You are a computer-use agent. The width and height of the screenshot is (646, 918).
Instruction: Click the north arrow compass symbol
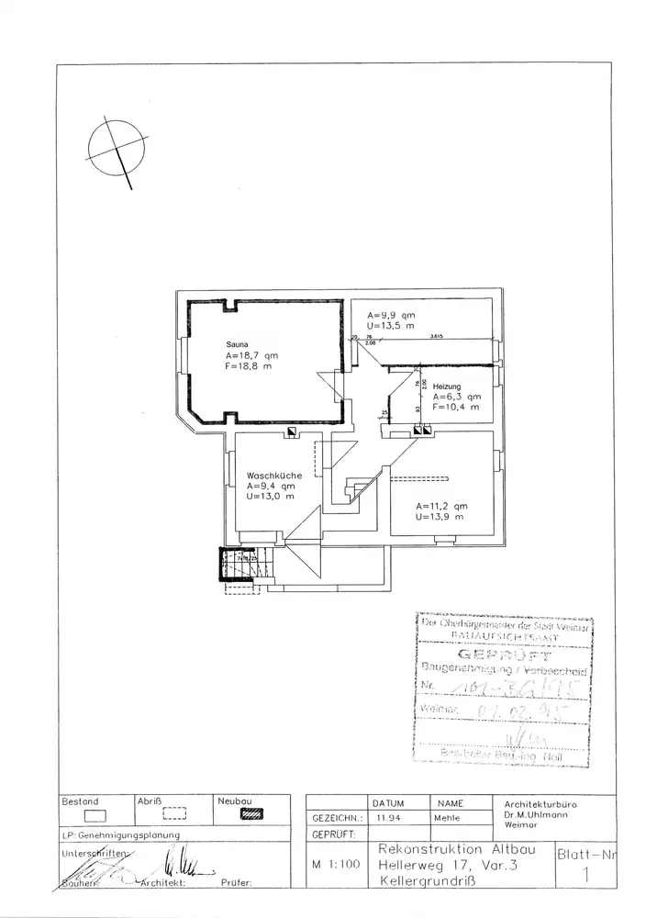(117, 146)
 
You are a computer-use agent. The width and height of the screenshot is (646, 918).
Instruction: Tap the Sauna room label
(237, 344)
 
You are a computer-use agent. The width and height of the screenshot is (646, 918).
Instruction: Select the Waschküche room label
(269, 476)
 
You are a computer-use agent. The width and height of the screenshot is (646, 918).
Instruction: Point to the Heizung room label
(448, 386)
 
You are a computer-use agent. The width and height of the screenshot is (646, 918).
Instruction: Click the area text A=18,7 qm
(252, 355)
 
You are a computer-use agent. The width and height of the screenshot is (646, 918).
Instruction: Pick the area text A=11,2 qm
(441, 506)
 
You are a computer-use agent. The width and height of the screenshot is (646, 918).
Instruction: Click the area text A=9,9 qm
(390, 315)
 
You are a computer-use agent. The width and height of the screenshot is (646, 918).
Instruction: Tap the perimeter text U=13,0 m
(270, 497)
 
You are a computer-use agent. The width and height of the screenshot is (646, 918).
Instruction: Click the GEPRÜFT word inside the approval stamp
(503, 655)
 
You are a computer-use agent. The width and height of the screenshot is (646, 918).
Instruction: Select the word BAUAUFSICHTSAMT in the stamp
(503, 634)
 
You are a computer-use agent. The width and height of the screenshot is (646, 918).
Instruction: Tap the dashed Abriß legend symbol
(174, 812)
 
